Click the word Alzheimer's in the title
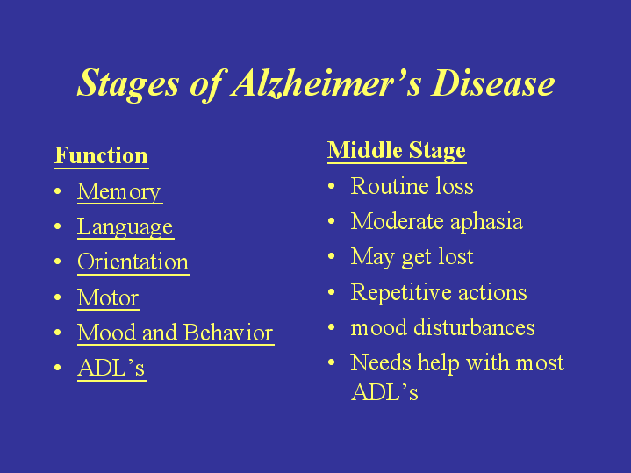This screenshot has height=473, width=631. (326, 83)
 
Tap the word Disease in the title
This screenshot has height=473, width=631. (493, 82)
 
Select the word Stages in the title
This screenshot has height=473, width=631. (128, 84)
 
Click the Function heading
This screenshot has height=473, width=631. (101, 156)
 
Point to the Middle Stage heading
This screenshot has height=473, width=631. (397, 151)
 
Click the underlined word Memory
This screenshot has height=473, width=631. (119, 191)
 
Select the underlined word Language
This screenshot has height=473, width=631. (125, 227)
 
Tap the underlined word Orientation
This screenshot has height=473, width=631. (133, 262)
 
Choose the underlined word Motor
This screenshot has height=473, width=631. (108, 297)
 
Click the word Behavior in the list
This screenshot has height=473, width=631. (228, 333)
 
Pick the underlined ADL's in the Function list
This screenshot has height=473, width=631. (111, 368)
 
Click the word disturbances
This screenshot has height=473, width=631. (474, 326)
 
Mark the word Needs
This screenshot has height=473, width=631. (381, 362)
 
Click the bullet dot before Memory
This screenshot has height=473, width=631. (58, 191)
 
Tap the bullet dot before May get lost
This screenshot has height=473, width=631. (331, 256)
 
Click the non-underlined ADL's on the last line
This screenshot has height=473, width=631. (384, 392)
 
